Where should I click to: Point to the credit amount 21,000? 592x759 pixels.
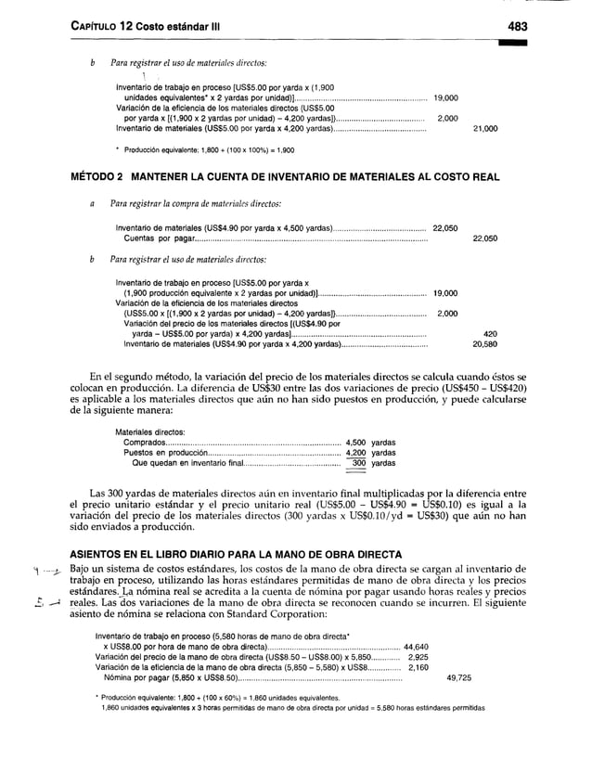coord(485,129)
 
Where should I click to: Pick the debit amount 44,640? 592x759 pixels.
coord(417,646)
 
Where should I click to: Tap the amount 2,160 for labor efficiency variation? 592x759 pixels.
coord(418,666)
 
